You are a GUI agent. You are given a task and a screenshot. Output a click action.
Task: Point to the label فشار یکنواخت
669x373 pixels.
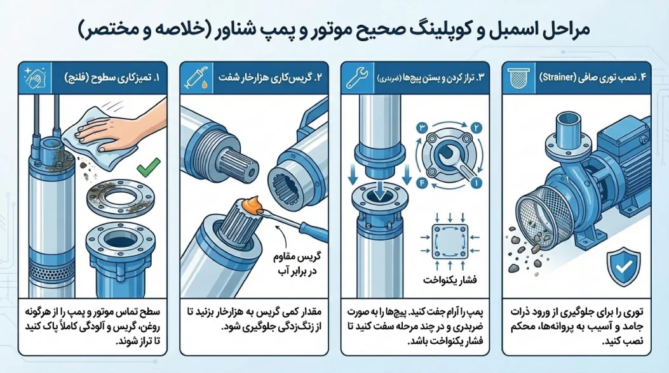pyautogui.click(x=444, y=280)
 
